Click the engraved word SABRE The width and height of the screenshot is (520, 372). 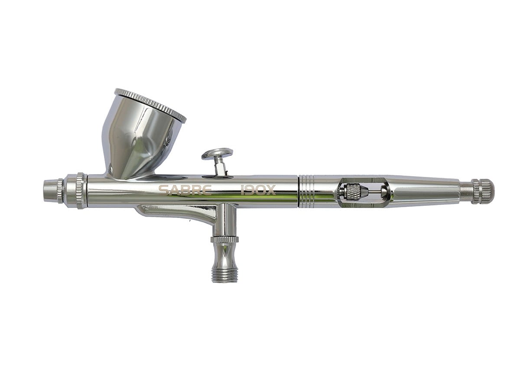pos(185,190)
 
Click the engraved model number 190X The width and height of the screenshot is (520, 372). pos(258,190)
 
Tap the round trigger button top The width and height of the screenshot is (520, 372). pos(217,154)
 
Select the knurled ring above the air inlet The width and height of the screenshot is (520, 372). pos(225,240)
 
